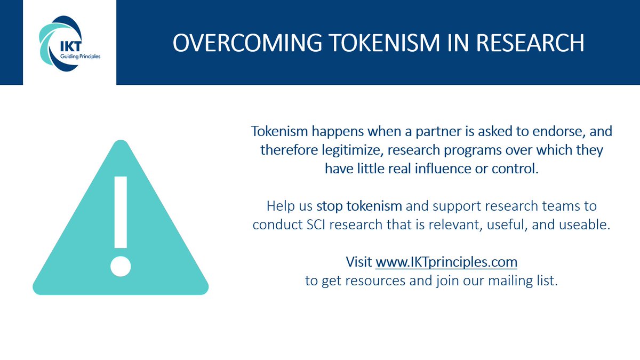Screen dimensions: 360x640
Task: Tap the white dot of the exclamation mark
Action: (121, 265)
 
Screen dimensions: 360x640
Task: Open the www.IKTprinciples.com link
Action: (446, 262)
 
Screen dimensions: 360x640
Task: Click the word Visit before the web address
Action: (359, 262)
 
